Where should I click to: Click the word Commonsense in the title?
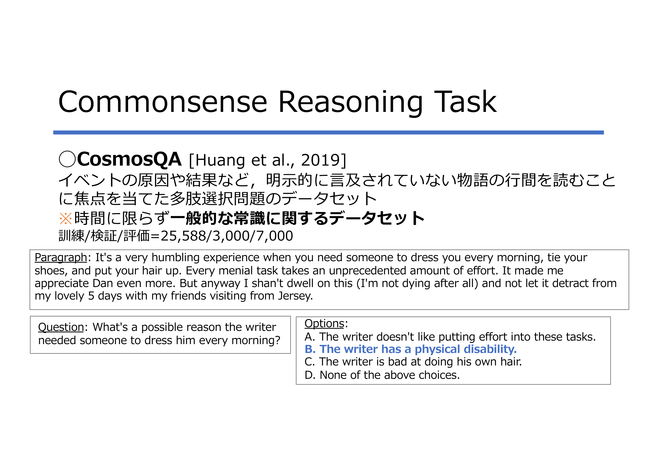pyautogui.click(x=163, y=102)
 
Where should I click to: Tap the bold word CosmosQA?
pyautogui.click(x=129, y=159)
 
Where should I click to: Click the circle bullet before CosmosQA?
pyautogui.click(x=67, y=159)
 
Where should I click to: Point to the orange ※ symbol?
pyautogui.click(x=66, y=218)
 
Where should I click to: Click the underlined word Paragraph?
pyautogui.click(x=61, y=258)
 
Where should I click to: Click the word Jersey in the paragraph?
pyautogui.click(x=295, y=296)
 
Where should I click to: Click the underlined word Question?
pyautogui.click(x=61, y=327)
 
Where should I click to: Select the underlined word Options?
pyautogui.click(x=324, y=324)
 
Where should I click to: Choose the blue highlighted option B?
pyautogui.click(x=410, y=349)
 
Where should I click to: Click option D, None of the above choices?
pyautogui.click(x=382, y=375)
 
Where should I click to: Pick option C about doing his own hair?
pyautogui.click(x=413, y=362)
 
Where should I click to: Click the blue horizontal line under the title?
pyautogui.click(x=328, y=132)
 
